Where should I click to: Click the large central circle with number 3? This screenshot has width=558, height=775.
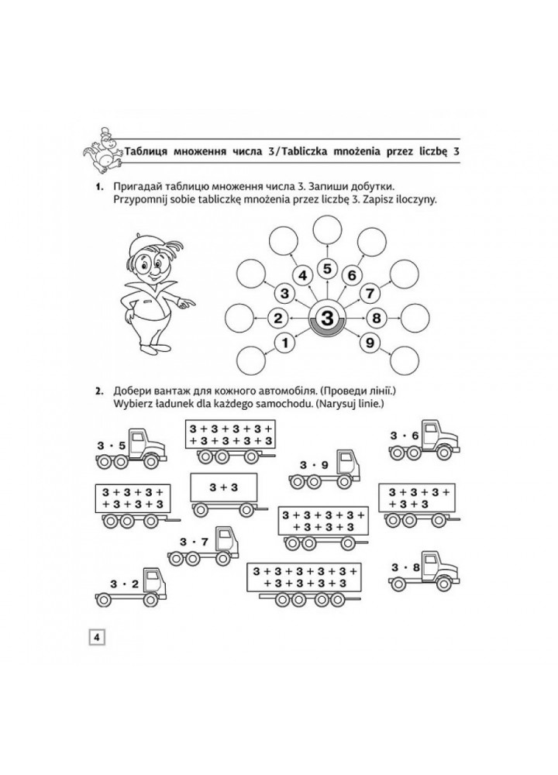(327, 319)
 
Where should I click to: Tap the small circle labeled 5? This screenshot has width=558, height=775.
(327, 269)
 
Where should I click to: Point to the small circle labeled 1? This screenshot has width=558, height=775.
(285, 342)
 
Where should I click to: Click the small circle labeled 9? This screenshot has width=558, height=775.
(370, 342)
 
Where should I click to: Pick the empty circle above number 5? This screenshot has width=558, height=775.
(327, 229)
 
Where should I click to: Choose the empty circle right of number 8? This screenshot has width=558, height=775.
(415, 318)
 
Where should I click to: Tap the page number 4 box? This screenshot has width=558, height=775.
(98, 637)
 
